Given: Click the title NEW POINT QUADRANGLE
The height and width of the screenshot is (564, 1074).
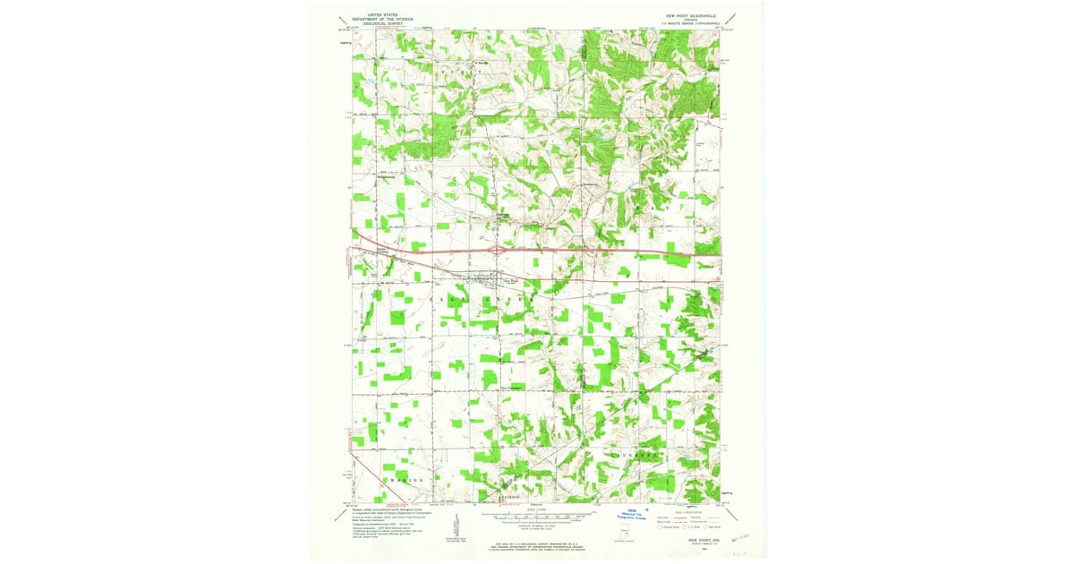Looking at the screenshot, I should tap(692, 16).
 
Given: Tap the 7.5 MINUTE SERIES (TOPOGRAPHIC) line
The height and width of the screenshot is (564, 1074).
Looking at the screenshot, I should tap(692, 24).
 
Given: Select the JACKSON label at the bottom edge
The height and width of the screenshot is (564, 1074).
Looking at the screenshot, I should tap(509, 496).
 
